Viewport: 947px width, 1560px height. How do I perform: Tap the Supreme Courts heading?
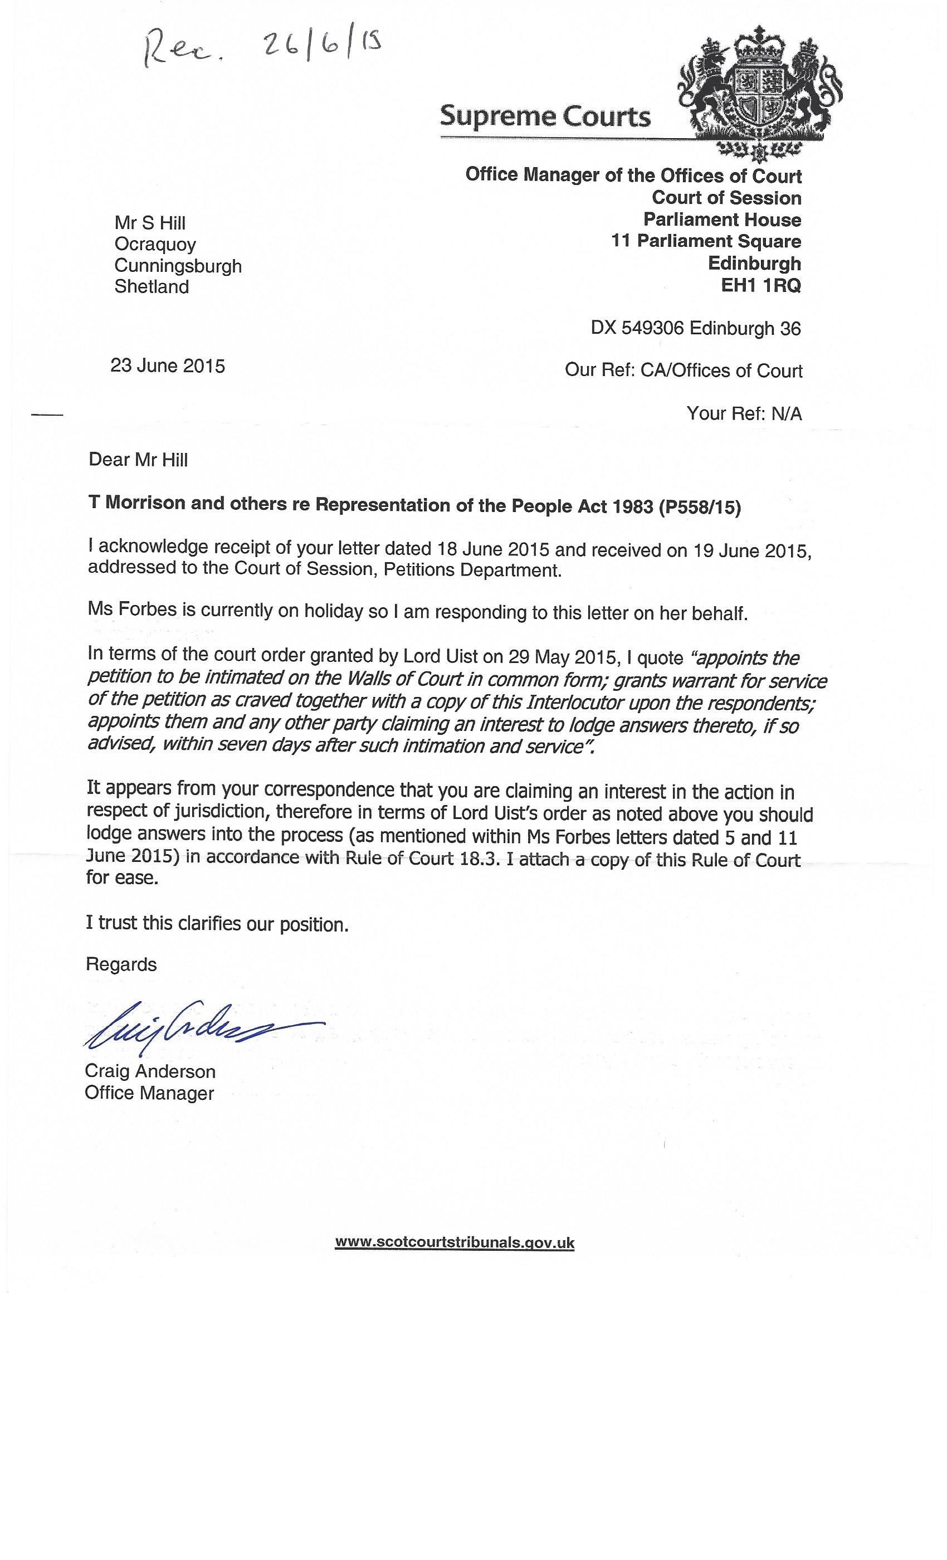coord(545,116)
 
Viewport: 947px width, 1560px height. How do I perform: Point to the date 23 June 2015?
coord(168,366)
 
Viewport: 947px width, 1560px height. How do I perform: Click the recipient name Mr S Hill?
coord(150,223)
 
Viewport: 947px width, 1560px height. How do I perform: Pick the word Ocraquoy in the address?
coord(155,245)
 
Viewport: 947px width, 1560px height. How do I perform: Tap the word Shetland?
coord(152,287)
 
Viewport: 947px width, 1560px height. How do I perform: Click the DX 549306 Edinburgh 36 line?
coord(696,328)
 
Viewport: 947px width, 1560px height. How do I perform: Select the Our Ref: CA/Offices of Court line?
coord(684,370)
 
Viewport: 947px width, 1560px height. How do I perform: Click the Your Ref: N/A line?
coord(744,413)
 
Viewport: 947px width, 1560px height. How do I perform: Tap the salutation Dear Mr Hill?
coord(139,460)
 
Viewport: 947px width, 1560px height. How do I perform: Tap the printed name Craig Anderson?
coord(150,1071)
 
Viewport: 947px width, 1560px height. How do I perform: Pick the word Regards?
coord(121,964)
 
